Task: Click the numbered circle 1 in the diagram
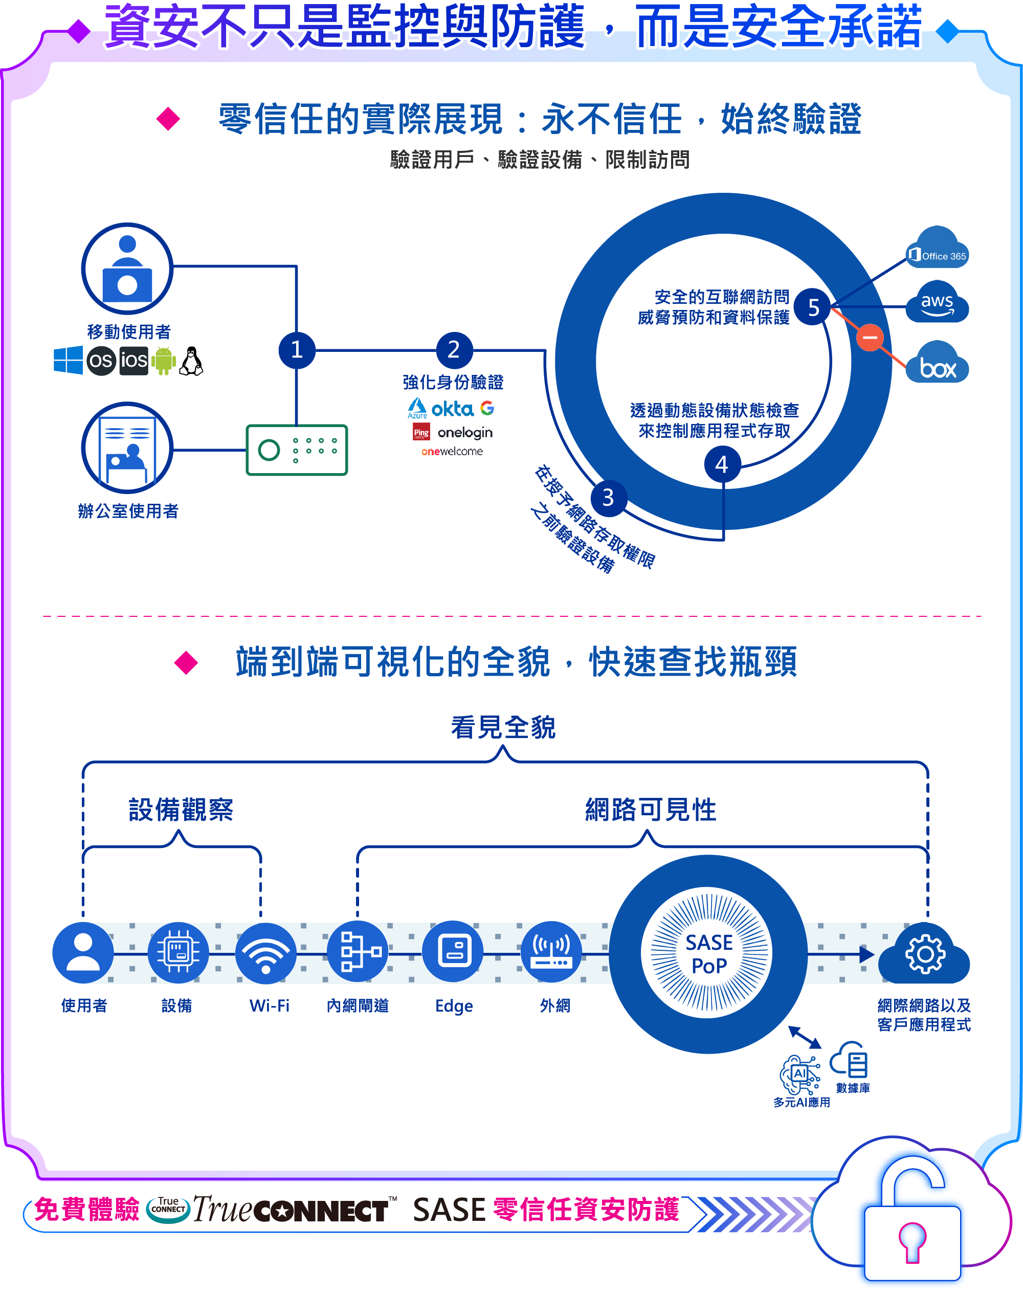tap(297, 350)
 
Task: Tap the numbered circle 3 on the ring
tap(609, 498)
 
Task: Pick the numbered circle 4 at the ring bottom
tap(722, 464)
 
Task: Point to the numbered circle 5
tap(813, 307)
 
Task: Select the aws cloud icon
tap(938, 303)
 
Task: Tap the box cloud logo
tap(938, 364)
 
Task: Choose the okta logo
tap(452, 409)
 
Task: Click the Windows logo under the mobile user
tap(68, 360)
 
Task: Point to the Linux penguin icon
tap(192, 361)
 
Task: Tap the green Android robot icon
tap(164, 361)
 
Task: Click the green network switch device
tap(297, 450)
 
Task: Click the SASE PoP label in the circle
tap(708, 954)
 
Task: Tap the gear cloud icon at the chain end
tap(925, 954)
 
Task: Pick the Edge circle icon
tap(453, 951)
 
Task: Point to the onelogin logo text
tap(465, 432)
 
